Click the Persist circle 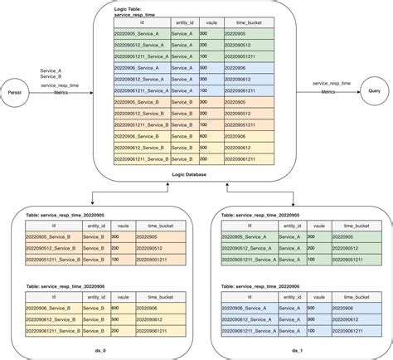click(x=14, y=92)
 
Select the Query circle click(x=374, y=92)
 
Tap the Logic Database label click(x=190, y=175)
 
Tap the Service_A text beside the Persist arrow click(x=51, y=71)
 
